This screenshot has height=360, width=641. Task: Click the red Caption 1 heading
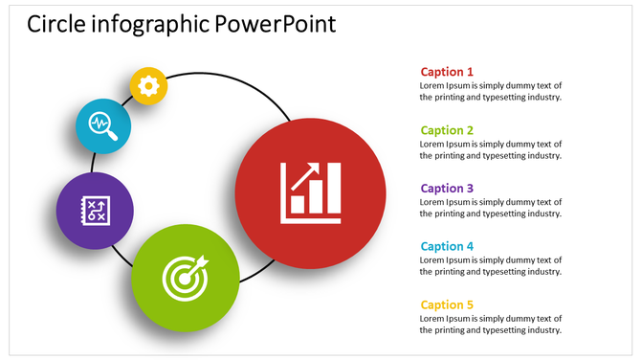447,72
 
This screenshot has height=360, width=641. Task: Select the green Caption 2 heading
447,130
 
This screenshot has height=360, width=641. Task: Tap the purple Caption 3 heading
447,189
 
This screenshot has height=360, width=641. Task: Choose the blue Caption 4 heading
447,247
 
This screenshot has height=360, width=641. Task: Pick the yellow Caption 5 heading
447,305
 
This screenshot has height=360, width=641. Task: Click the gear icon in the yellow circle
148,86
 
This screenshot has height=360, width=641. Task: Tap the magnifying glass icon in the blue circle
102,125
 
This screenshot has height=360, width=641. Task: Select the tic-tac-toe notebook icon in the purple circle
95,211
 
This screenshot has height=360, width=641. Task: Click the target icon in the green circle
185,276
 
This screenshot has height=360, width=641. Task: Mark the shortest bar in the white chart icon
298,204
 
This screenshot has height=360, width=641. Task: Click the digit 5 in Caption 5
470,305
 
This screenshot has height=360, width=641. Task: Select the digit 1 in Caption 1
470,72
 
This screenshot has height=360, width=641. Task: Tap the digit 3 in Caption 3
470,189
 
